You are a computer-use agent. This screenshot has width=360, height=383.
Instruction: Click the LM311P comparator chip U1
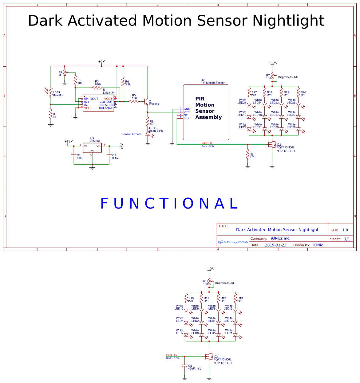click(x=98, y=103)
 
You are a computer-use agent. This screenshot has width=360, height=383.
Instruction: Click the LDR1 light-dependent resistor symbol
click(x=51, y=92)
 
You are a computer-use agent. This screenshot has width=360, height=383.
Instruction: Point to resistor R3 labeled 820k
click(x=97, y=88)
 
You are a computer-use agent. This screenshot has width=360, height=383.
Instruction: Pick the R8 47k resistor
click(x=247, y=154)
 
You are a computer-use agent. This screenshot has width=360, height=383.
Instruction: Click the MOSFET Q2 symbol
click(x=271, y=144)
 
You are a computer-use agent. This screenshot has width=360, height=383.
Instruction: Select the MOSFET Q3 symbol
click(x=209, y=357)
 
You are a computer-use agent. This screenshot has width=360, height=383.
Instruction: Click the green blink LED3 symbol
click(x=148, y=134)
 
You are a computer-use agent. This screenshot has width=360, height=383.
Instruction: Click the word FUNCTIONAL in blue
click(x=169, y=203)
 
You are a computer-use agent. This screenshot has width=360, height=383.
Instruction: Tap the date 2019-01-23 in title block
click(x=275, y=245)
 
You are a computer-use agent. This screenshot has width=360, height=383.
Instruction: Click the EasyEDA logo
click(x=233, y=242)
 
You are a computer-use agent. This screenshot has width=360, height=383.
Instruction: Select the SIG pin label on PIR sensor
click(x=186, y=118)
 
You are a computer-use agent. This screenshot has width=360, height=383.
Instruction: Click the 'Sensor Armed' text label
click(x=131, y=134)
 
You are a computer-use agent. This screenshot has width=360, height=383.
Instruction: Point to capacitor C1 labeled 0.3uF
click(x=74, y=155)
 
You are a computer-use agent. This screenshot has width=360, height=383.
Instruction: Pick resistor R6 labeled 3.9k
click(x=123, y=82)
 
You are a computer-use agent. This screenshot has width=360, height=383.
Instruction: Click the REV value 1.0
click(x=345, y=230)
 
